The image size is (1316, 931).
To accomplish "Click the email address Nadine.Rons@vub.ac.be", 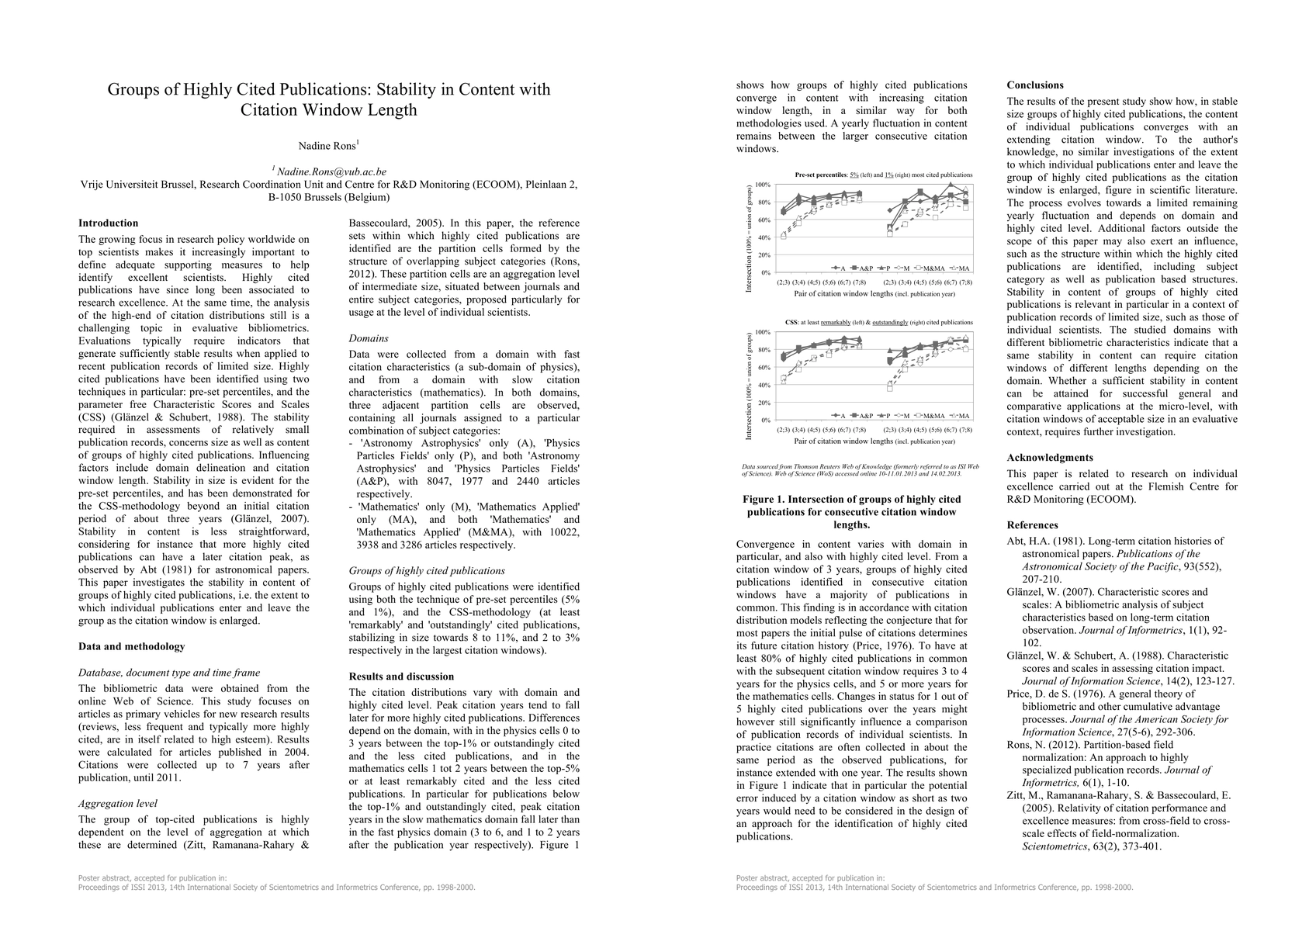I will (x=331, y=171).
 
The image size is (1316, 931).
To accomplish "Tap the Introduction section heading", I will (x=109, y=223).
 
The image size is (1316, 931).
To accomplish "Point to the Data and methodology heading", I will (x=132, y=646).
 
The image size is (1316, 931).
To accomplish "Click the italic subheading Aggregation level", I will (x=117, y=804).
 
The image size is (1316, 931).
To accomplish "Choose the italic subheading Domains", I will (x=369, y=338).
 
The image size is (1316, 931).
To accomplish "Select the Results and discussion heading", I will (x=401, y=677).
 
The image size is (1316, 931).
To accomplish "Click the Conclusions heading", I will (x=1035, y=85).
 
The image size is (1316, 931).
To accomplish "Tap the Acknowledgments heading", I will (x=1050, y=458).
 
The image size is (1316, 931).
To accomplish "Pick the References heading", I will (x=1032, y=525).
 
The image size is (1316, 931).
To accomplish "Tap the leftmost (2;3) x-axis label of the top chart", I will (x=784, y=282).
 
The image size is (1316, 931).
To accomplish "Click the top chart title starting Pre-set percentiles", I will (x=883, y=175).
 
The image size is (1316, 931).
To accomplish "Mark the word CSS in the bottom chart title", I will (x=791, y=322).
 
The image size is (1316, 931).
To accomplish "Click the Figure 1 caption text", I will (x=851, y=512).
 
